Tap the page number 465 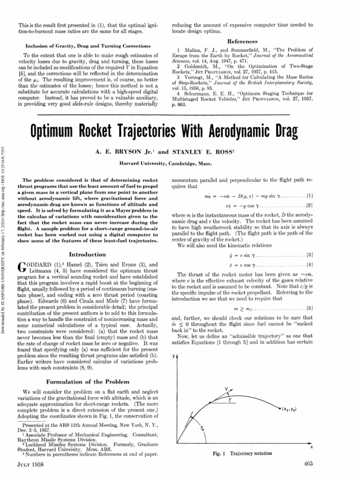pyautogui.click(x=307, y=464)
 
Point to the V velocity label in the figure pyautogui.click(x=226, y=388)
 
